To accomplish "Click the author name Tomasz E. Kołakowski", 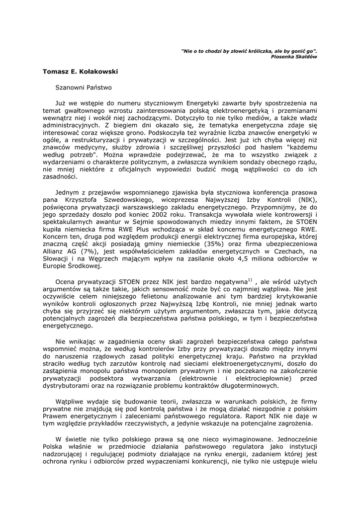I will [x=80, y=71].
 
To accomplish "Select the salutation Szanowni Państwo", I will [x=84, y=87].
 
